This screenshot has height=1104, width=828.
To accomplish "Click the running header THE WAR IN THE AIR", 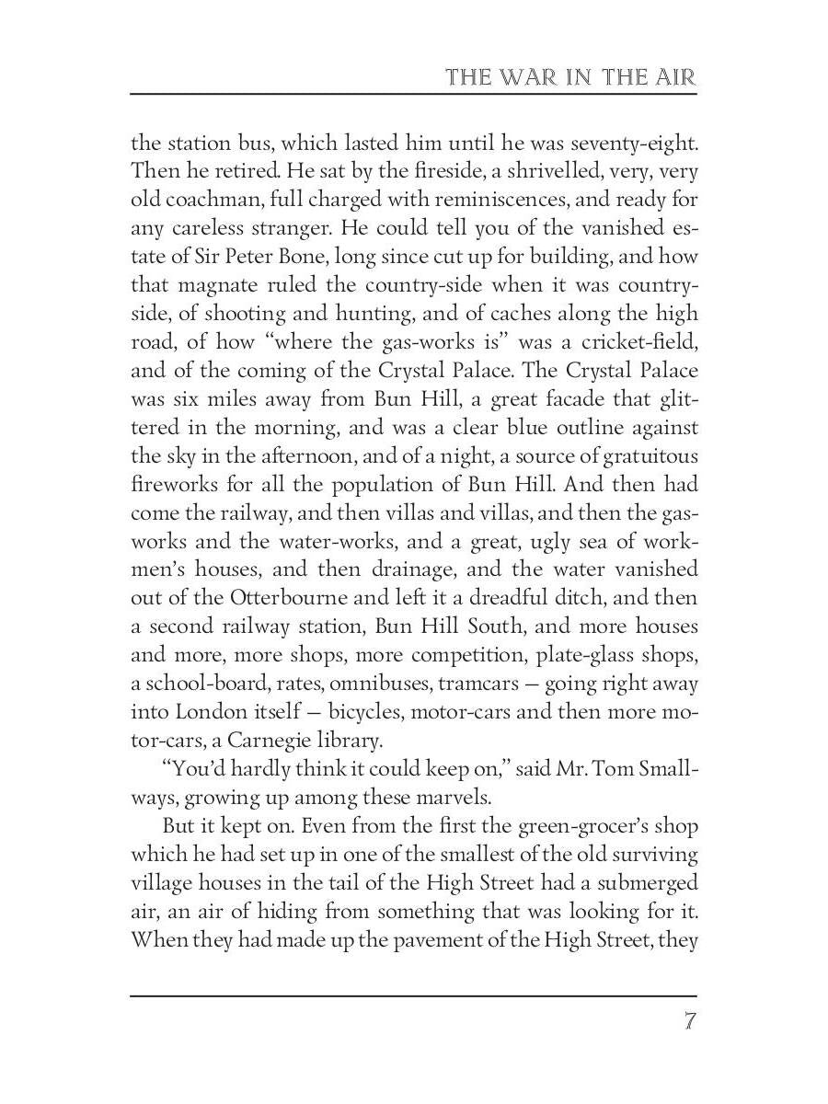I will [x=570, y=76].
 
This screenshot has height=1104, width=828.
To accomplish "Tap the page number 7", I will [x=689, y=1023].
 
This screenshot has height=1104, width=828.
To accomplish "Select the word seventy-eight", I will [x=635, y=144].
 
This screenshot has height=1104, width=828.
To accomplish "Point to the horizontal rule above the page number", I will [x=413, y=995].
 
